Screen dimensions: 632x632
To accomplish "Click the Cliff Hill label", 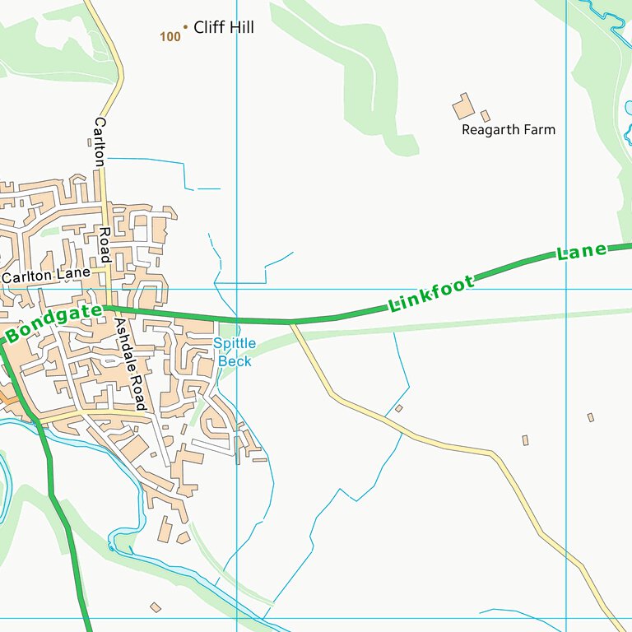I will (x=223, y=28).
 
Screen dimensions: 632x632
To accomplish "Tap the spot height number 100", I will (x=170, y=36).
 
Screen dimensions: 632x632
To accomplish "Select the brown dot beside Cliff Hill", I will (x=185, y=27).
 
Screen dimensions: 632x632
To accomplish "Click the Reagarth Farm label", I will (x=508, y=130).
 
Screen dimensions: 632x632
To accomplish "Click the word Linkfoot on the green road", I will (x=432, y=295).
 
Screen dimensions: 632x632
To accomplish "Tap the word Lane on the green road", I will (x=581, y=253).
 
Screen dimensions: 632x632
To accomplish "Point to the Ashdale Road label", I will (x=130, y=364).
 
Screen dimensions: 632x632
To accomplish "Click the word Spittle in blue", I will (x=235, y=343).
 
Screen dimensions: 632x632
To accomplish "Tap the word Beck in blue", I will (x=235, y=361).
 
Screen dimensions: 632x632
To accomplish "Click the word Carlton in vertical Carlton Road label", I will (x=100, y=143).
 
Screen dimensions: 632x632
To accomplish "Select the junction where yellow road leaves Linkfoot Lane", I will (x=291, y=323).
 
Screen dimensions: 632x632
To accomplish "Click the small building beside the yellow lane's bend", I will (x=399, y=408).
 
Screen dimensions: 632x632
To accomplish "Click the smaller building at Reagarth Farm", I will (x=486, y=116).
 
